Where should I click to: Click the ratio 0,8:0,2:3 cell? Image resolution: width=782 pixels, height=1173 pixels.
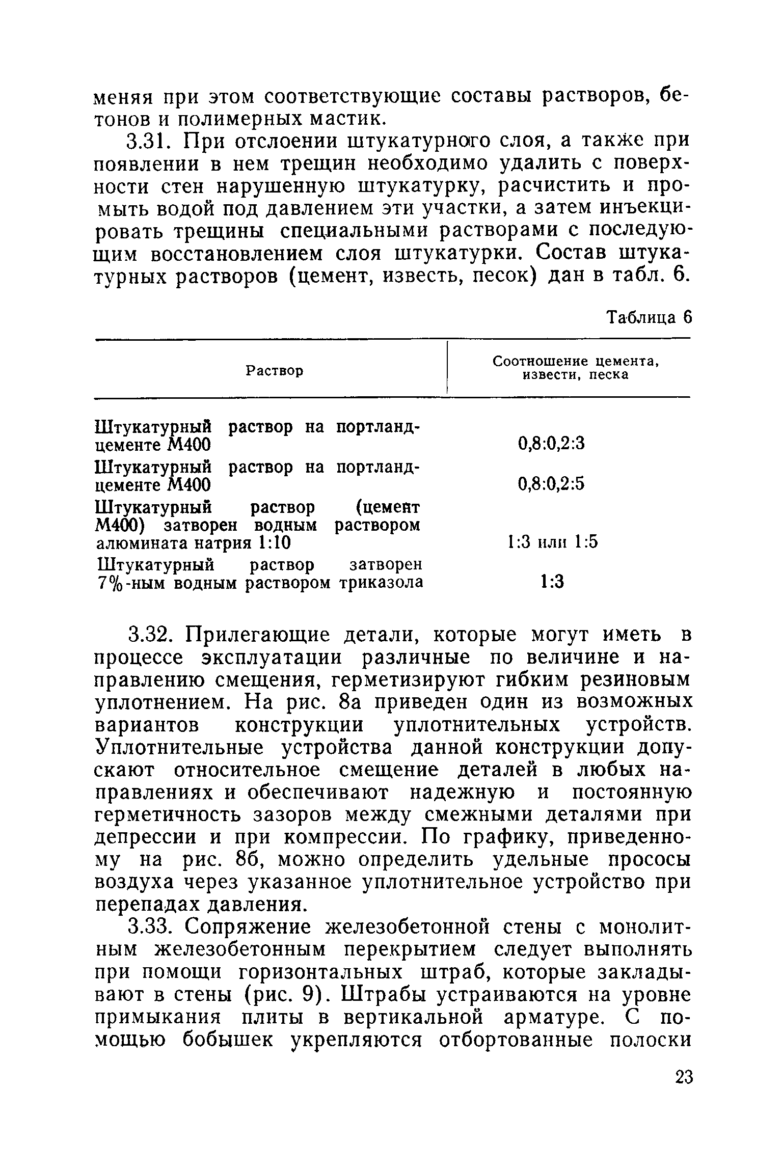pos(551,444)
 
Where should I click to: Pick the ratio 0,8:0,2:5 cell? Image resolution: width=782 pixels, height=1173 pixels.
pos(551,483)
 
